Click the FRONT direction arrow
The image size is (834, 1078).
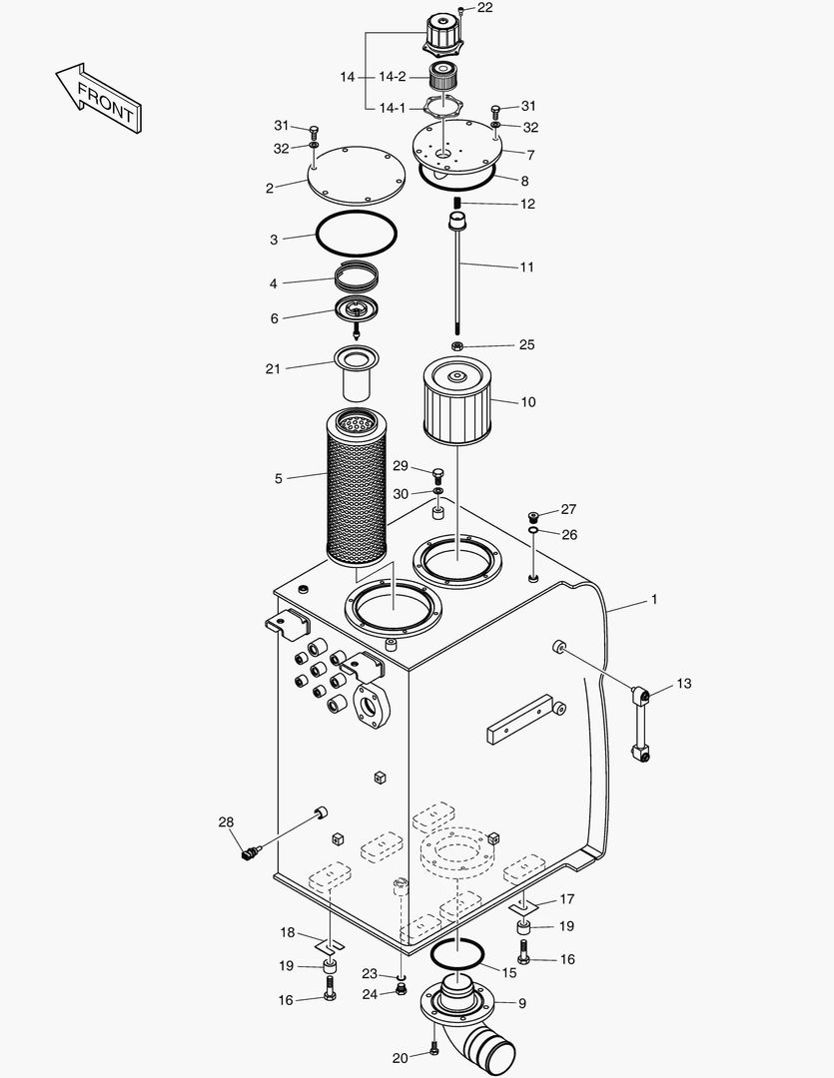[x=97, y=97]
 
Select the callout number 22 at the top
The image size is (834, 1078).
[x=484, y=8]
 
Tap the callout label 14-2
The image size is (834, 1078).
[x=392, y=77]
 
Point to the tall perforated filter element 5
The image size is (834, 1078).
[x=357, y=494]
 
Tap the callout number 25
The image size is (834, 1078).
[x=526, y=345]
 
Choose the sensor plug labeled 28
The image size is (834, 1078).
[x=250, y=852]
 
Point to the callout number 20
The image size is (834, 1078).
[x=400, y=1058]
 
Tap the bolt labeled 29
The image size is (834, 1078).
[x=437, y=472]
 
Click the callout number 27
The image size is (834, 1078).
[x=568, y=509]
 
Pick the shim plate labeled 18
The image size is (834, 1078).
[x=329, y=944]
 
